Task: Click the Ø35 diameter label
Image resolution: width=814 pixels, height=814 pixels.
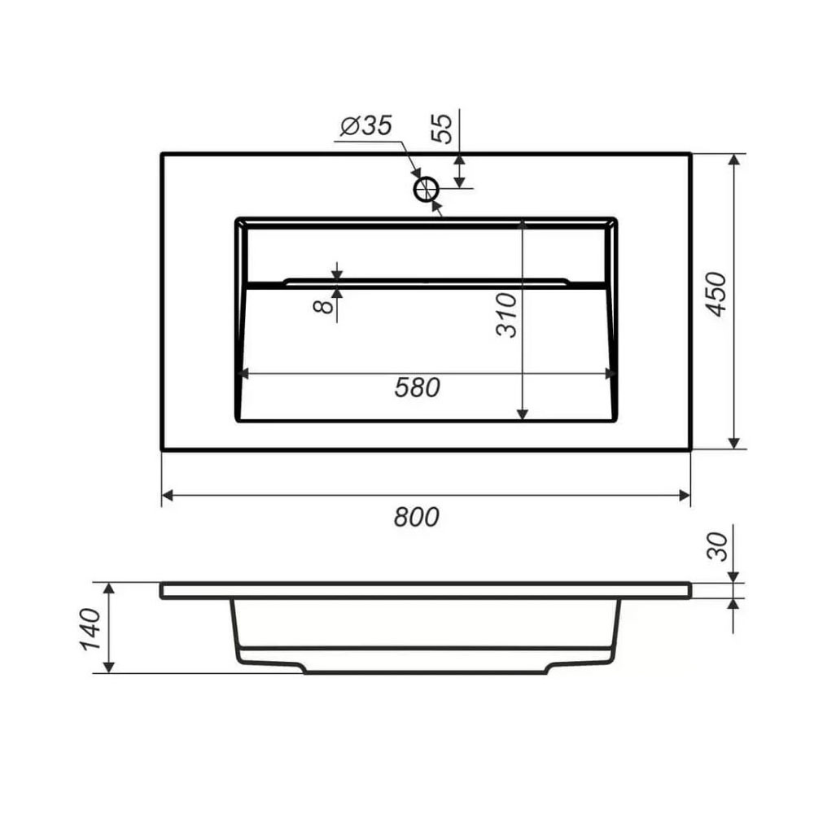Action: click(366, 125)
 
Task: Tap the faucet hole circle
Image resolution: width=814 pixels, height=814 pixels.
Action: click(427, 190)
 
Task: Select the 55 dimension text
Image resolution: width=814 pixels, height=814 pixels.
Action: click(442, 129)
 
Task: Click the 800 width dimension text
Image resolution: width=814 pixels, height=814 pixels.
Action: click(416, 517)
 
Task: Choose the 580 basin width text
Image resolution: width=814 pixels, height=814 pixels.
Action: click(418, 387)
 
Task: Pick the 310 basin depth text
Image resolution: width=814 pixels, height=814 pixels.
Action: click(506, 315)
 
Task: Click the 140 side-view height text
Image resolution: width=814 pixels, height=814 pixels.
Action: click(90, 629)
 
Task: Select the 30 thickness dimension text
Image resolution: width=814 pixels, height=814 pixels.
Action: click(719, 546)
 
